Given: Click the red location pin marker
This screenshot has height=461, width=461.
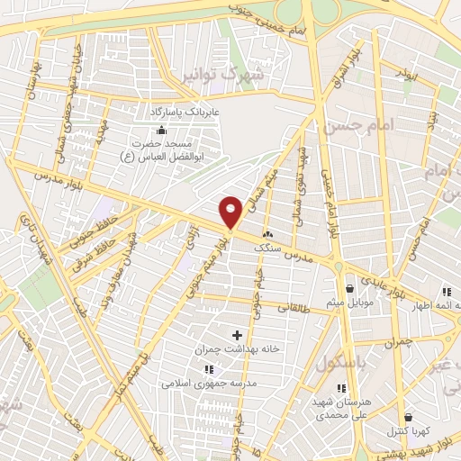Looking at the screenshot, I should [x=231, y=212].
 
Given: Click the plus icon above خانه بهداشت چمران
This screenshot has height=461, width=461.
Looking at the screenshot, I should [x=238, y=335].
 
